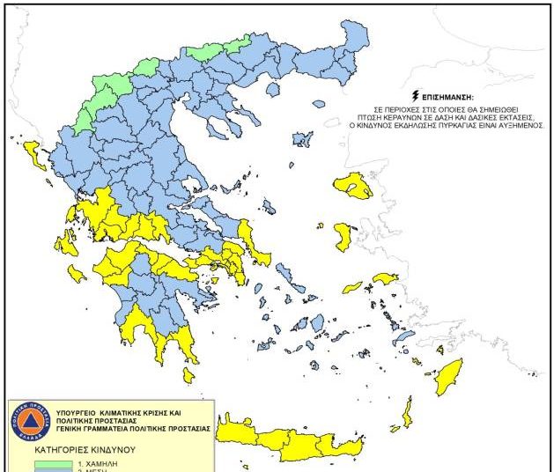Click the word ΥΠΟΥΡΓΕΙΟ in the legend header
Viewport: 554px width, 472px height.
pos(83,413)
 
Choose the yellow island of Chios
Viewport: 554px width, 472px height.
pos(343,236)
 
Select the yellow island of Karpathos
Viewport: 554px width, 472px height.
pos(407,412)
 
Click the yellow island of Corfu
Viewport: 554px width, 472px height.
pos(36,154)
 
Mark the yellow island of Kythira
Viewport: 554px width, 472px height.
pos(188,375)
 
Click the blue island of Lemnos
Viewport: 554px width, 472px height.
pos(303,139)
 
